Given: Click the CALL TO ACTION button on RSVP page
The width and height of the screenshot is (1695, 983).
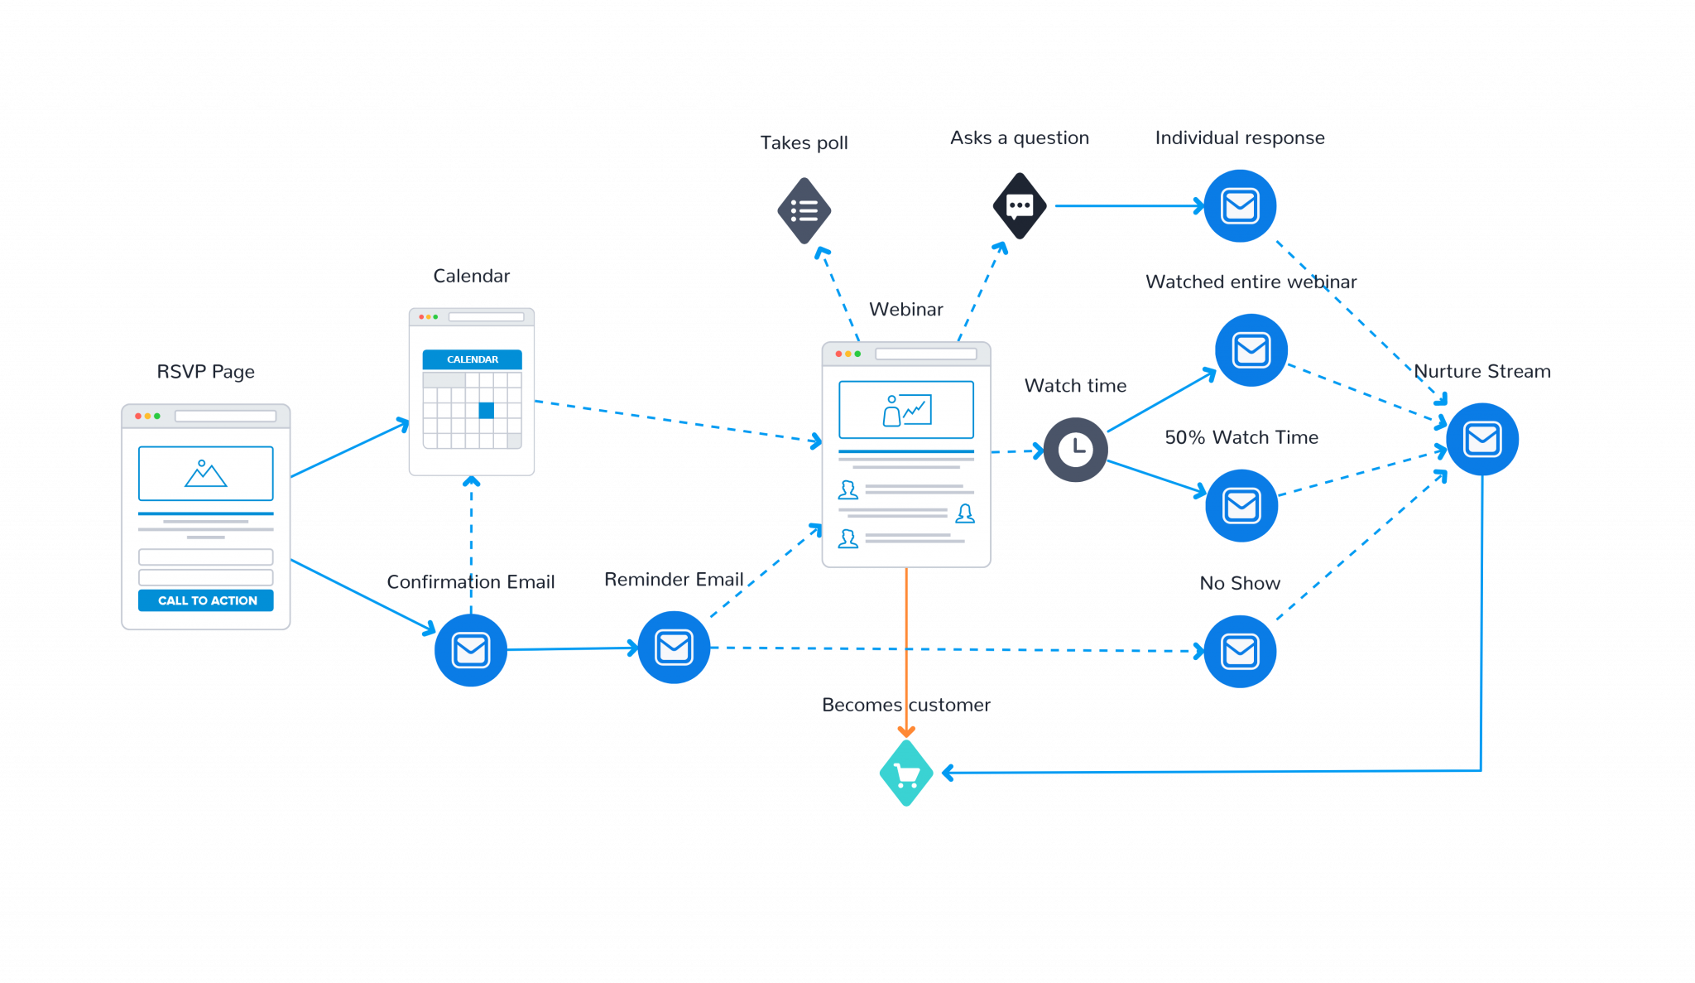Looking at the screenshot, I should pos(206,600).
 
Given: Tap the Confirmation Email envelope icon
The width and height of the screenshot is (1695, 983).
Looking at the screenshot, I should pos(470,649).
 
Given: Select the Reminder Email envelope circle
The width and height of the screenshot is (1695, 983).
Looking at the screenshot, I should pos(674,648).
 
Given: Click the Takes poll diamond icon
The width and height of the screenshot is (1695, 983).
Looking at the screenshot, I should pos(804,210).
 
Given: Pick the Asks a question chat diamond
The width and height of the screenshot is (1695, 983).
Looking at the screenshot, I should pos(1020,206).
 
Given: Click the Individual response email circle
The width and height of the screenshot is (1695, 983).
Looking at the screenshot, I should pos(1240,206).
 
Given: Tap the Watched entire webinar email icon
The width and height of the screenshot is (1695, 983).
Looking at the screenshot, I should pos(1251,350).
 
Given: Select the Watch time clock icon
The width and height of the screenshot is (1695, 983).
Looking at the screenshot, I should pos(1075,450).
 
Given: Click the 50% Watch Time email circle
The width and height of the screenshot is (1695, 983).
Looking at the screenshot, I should pos(1241,505).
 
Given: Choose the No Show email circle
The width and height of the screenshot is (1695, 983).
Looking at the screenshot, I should pos(1240,651).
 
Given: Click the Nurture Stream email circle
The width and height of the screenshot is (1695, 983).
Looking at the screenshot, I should pos(1481,439).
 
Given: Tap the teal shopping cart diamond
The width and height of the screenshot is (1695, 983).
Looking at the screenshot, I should pos(906,773).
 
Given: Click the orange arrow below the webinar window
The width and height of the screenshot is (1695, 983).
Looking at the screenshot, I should pos(906,654).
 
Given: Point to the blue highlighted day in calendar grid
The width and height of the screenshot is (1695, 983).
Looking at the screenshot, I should pos(487,410).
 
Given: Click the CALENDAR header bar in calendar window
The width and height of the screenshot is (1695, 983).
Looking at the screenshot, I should pos(472,359).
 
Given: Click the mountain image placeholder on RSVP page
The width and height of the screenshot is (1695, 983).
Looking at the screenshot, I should pos(205,474).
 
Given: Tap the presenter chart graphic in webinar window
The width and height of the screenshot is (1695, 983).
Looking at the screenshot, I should pos(906,410).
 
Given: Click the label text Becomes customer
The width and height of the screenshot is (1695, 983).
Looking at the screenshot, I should pos(905,705).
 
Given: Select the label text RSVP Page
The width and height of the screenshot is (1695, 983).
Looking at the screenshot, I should pos(205,372).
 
